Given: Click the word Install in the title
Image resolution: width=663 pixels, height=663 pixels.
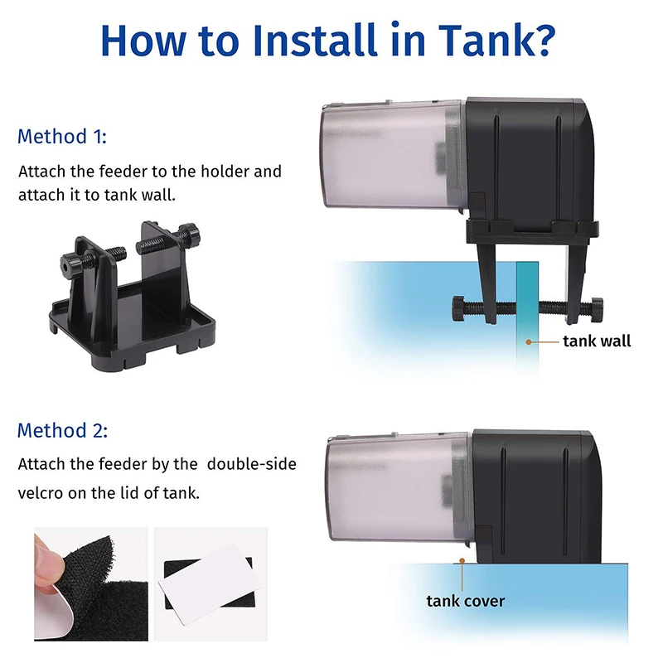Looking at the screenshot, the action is coord(315,40).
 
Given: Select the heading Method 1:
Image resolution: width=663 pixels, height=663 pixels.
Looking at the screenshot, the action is coord(61,137).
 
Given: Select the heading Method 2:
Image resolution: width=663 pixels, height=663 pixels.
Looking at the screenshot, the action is coord(63,430).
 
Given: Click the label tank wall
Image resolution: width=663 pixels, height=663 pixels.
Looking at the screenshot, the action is coord(597,341).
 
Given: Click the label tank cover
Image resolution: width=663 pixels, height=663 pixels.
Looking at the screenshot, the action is coord(466,601).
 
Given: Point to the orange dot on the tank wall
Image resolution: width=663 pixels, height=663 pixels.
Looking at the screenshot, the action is coord(529,341).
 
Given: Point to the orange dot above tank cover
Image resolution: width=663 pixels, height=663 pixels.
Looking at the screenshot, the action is coord(462,561).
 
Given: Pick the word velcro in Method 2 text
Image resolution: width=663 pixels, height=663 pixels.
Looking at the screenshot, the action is coord(41,493).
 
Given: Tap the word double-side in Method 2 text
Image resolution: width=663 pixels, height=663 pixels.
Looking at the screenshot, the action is coord(252,464).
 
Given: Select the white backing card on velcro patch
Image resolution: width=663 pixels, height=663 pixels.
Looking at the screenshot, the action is coord(211,584).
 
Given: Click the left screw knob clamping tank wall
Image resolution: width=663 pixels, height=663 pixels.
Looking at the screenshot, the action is coord(459,307).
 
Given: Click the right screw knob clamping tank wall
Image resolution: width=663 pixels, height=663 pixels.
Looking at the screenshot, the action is coord(597,309).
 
